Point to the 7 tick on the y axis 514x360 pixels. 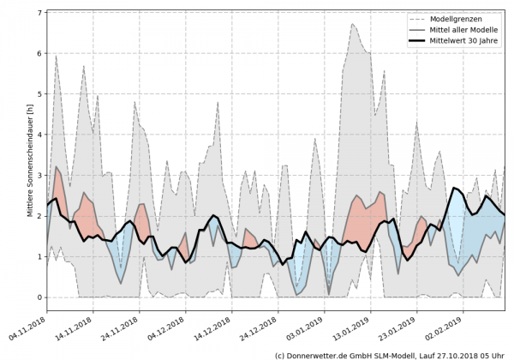point(40,13)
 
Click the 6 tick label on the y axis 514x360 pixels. point(40,53)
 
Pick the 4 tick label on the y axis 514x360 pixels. point(40,135)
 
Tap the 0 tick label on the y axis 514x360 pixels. point(40,297)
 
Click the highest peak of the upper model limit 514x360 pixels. point(353,24)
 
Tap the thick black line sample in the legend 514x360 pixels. point(419,39)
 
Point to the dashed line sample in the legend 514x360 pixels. point(419,17)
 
